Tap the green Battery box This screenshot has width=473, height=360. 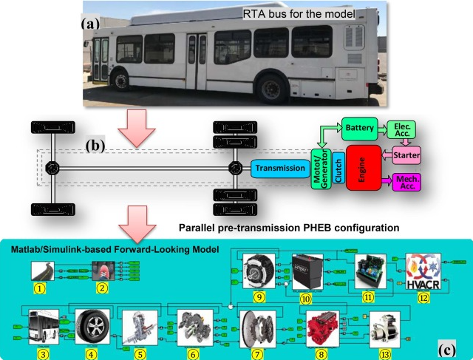(x=359, y=128)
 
